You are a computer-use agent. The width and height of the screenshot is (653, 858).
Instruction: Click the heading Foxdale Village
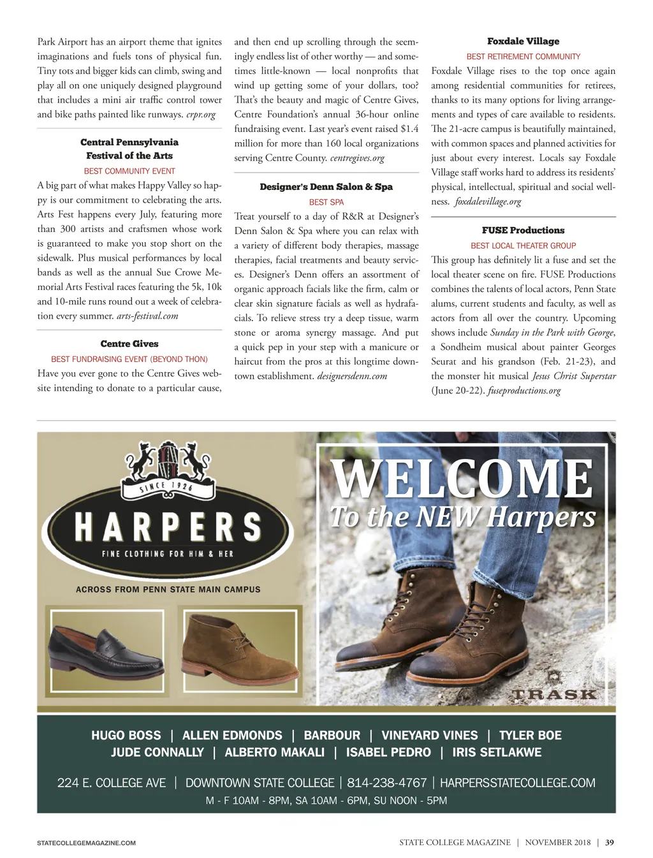click(523, 41)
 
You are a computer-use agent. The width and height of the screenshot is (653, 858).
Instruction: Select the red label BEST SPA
click(326, 202)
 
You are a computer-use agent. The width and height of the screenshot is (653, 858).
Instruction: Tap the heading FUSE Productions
click(523, 230)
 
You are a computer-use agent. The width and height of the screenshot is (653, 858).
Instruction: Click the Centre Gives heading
click(129, 344)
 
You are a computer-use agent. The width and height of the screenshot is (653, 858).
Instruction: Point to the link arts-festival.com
click(147, 316)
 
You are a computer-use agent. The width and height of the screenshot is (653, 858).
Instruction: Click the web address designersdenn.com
click(352, 376)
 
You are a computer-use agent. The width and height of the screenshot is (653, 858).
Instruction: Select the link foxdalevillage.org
click(488, 201)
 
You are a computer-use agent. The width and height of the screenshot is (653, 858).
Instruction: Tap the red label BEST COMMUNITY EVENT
click(129, 171)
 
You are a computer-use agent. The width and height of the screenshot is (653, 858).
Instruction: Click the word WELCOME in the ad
click(462, 479)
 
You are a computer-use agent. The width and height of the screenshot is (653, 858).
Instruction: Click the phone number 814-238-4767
click(386, 783)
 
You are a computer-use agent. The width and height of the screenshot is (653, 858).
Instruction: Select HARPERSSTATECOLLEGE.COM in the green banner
click(517, 783)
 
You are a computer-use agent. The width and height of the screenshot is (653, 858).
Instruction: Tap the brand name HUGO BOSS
click(126, 736)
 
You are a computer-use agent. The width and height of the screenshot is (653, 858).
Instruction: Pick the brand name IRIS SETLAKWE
click(497, 752)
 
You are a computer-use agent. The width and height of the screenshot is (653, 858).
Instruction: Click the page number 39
click(610, 842)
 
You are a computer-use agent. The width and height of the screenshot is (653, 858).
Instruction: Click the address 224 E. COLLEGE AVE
click(112, 783)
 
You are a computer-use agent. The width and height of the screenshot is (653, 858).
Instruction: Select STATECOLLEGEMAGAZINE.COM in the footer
click(86, 843)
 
